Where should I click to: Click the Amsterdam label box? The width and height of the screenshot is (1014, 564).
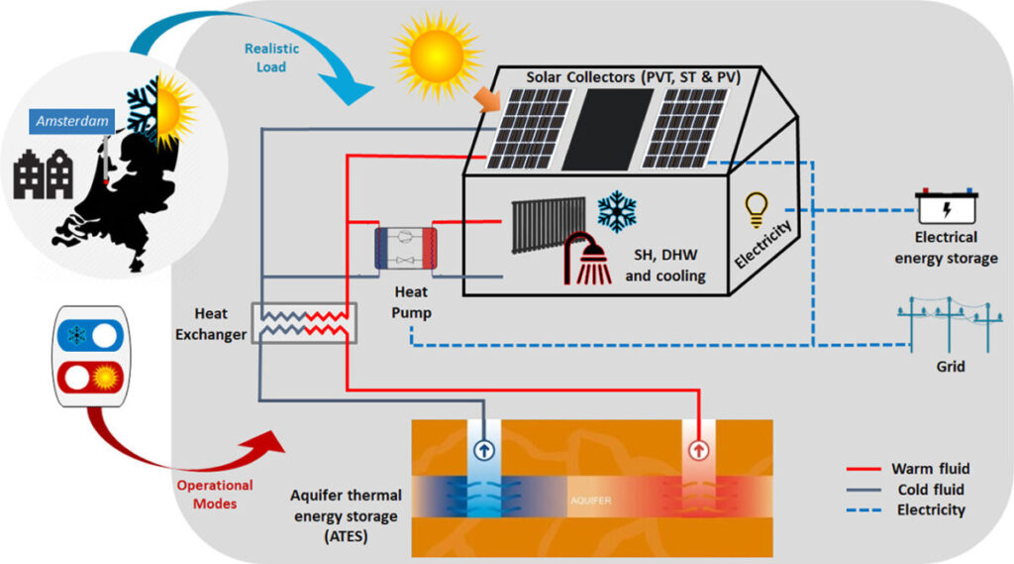[x=70, y=121]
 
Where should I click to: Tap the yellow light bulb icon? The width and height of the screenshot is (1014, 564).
[x=756, y=207]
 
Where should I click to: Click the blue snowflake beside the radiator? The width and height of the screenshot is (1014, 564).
[x=616, y=212]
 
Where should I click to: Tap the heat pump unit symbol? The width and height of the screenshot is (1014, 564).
[x=404, y=248]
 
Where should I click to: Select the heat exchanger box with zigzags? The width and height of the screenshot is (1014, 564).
[x=304, y=322]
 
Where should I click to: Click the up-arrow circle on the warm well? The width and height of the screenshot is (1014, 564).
[x=698, y=449]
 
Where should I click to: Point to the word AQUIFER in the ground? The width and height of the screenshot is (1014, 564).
[x=591, y=501]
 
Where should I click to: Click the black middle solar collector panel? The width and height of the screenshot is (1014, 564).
[x=608, y=130]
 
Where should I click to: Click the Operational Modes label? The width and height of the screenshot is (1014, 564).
[x=215, y=494]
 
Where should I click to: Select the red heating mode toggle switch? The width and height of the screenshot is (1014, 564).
[x=90, y=378]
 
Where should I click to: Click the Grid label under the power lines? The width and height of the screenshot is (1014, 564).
[x=950, y=366]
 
